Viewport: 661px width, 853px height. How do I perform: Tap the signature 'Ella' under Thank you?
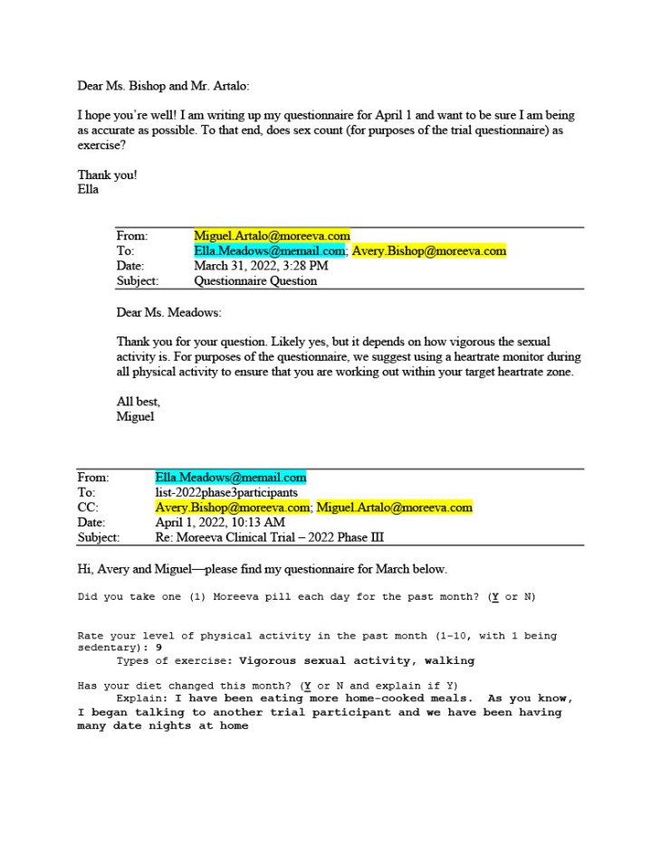click(88, 190)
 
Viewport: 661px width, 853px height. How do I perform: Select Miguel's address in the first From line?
click(272, 236)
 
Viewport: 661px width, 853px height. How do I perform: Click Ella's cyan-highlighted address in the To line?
click(270, 251)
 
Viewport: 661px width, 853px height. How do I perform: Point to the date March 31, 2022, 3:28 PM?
click(261, 266)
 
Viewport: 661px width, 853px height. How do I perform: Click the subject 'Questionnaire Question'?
click(255, 280)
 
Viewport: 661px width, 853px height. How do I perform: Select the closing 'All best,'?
click(139, 402)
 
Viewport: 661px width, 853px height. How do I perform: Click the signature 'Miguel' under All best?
click(136, 416)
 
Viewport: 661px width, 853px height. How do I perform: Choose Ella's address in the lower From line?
click(231, 478)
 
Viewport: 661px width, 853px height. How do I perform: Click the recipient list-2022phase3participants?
click(225, 492)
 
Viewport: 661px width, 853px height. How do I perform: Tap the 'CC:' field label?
click(88, 507)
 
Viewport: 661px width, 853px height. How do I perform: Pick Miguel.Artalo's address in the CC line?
click(394, 507)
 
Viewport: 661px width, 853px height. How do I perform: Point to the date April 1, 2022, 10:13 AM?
click(220, 522)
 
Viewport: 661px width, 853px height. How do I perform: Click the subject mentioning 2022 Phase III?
click(269, 537)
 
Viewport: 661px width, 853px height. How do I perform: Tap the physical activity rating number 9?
click(158, 648)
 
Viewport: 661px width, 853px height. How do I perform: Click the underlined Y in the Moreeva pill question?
click(493, 597)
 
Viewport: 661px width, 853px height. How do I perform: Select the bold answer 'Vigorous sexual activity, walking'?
click(357, 660)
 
